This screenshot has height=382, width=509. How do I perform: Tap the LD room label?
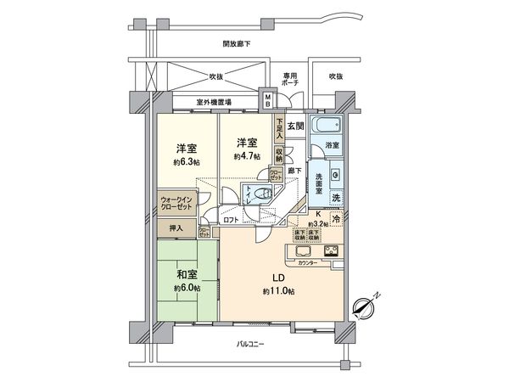click(278, 278)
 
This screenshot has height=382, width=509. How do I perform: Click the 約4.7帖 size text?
click(247, 156)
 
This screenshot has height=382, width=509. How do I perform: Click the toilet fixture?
click(259, 192)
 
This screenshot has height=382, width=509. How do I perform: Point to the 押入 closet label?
click(176, 228)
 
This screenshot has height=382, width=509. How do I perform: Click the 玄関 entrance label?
click(295, 126)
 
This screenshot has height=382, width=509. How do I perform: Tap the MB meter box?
click(268, 101)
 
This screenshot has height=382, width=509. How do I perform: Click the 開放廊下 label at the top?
click(238, 43)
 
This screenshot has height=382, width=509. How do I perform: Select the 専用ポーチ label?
click(290, 79)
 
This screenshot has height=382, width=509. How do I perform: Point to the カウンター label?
click(308, 264)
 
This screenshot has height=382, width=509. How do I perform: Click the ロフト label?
click(231, 220)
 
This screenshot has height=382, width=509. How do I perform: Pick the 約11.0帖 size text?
click(278, 292)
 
